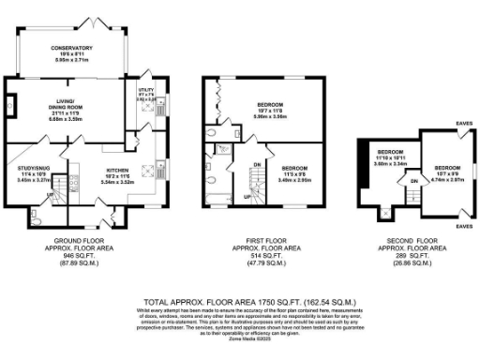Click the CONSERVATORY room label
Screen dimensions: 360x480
[71, 48]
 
